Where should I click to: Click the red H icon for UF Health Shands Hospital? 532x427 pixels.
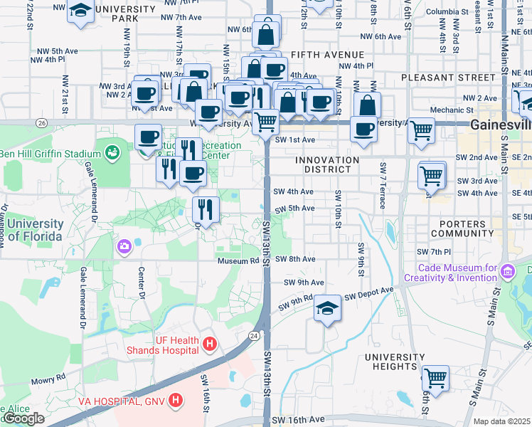coord(209,344)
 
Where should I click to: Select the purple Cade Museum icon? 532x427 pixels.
coord(506,271)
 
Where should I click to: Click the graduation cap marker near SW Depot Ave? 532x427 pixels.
coord(327,308)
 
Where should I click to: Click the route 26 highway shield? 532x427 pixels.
coord(42,123)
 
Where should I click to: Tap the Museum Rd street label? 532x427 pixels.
coord(237,260)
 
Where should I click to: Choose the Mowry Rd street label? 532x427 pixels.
coord(48,376)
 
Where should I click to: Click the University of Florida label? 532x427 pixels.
coord(32,230)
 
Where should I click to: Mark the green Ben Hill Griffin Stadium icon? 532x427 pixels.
coord(112,152)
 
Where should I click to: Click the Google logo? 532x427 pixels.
coord(23,418)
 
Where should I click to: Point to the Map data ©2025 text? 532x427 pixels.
coord(502,421)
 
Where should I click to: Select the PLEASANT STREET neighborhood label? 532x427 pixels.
coord(447,77)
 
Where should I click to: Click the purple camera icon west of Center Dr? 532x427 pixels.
coord(124,246)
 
